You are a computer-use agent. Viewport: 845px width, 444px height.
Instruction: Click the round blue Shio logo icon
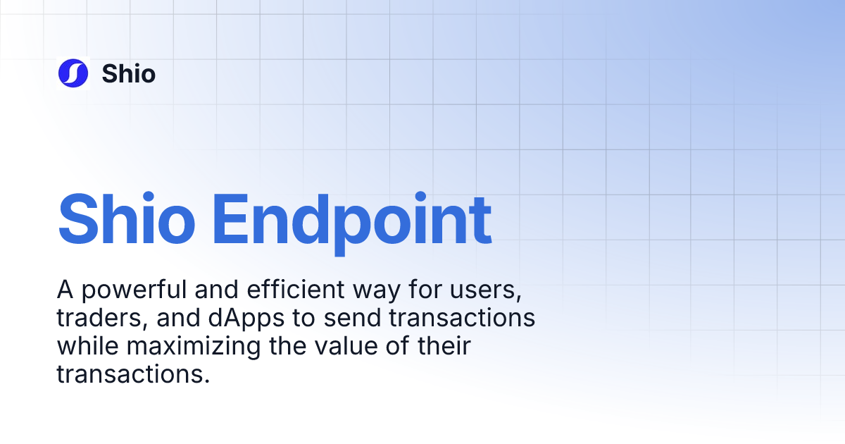[x=73, y=73]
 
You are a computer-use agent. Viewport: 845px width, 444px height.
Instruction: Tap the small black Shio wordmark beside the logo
[x=129, y=73]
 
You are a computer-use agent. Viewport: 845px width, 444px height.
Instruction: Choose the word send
[x=352, y=318]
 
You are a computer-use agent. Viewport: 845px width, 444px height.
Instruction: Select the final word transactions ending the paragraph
[x=133, y=375]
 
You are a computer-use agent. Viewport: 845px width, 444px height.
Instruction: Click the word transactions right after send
[x=461, y=319]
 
